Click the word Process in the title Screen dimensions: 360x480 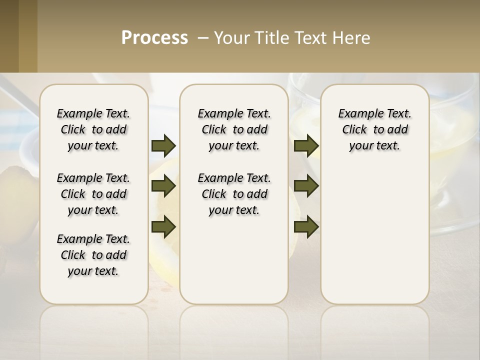[154, 38]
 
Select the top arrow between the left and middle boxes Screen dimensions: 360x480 [163, 145]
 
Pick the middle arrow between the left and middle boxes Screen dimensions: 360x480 [163, 186]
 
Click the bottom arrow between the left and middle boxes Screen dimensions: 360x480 [163, 226]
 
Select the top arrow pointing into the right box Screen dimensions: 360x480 [306, 145]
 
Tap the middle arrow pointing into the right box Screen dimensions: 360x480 [306, 186]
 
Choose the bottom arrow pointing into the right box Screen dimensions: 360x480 [306, 226]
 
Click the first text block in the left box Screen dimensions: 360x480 [93, 129]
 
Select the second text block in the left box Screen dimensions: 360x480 [93, 194]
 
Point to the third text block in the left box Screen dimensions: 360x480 [93, 255]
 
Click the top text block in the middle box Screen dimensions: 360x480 [234, 129]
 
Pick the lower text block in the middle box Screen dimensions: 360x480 [234, 194]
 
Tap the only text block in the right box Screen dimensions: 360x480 [374, 129]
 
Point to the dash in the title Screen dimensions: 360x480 [203, 38]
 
